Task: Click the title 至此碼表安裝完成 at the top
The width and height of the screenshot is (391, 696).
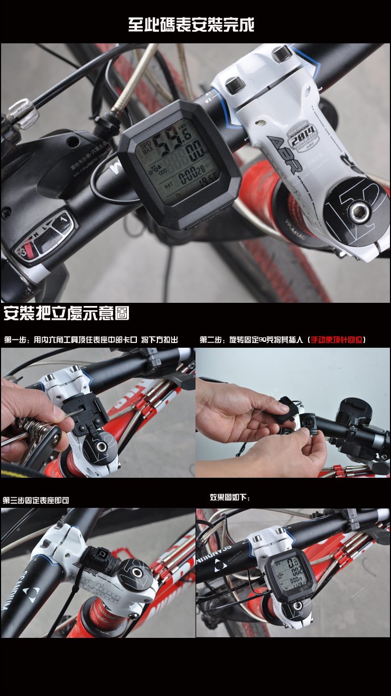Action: point(191,24)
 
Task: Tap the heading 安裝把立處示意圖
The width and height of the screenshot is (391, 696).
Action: point(67,313)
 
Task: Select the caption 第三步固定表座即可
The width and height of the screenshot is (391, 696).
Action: point(36,500)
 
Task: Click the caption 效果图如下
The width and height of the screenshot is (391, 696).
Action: point(230,497)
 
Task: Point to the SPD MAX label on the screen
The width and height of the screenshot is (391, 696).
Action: point(144,147)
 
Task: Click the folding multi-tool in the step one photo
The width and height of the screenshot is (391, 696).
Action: point(32,431)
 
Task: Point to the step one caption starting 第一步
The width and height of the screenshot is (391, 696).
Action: point(91,339)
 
